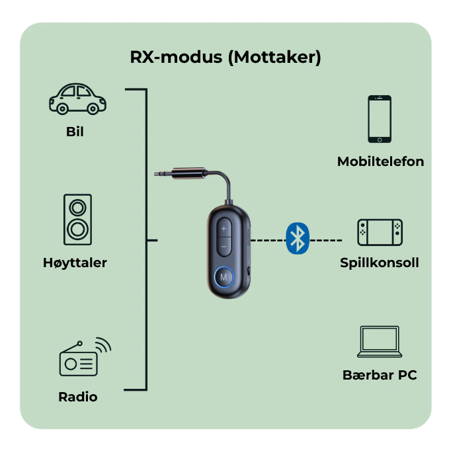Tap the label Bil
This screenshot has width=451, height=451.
point(75,132)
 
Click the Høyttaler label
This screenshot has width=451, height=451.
point(75,263)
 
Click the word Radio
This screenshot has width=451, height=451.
point(77,397)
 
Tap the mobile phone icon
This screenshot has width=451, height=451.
point(380,119)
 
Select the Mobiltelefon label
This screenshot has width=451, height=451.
point(380,161)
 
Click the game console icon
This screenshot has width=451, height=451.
point(380,232)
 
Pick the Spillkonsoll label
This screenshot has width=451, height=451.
point(380,263)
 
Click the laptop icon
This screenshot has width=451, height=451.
point(380,343)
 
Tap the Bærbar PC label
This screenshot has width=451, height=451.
point(380,376)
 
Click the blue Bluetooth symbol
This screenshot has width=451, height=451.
point(298,238)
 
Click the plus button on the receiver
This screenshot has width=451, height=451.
point(224,228)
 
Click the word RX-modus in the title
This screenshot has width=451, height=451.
point(176,58)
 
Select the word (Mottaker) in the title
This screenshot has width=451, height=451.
point(274,58)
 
